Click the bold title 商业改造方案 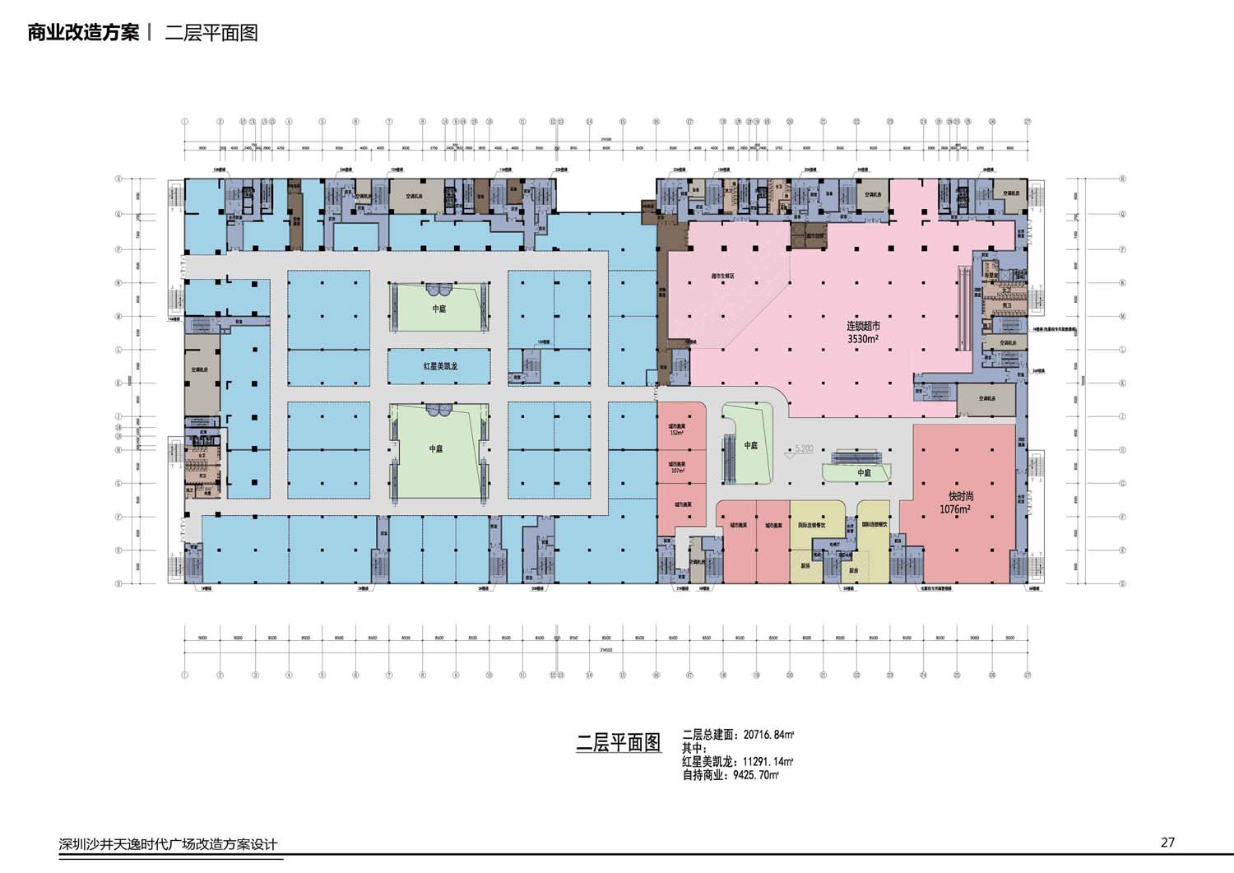pos(83,33)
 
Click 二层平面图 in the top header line pos(211,33)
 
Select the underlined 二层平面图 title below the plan pos(619,742)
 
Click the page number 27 pos(1167,842)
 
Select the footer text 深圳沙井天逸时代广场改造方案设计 pos(168,844)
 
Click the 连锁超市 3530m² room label pos(863,332)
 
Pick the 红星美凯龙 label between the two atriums pos(440,366)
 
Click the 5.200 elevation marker pos(802,449)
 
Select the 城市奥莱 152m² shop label pos(678,429)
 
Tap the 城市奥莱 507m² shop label pos(678,467)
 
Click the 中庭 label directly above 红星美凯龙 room pos(438,309)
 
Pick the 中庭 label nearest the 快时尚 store pos(864,473)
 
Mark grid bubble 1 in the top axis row pos(185,122)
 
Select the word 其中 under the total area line pos(694,748)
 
